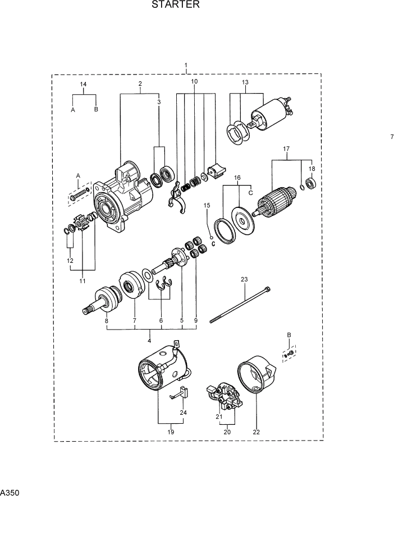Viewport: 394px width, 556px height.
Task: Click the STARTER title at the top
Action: (x=175, y=6)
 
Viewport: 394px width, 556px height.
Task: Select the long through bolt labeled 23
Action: (x=241, y=305)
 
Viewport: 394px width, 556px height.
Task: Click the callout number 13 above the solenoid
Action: (x=245, y=82)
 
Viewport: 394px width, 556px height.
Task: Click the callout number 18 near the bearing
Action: (x=313, y=169)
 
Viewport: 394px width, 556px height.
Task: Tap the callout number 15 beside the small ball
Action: (x=207, y=206)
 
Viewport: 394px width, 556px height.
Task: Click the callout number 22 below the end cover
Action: (x=256, y=432)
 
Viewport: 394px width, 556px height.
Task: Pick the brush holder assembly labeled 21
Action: (x=226, y=398)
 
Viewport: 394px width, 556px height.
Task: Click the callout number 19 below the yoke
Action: (x=171, y=432)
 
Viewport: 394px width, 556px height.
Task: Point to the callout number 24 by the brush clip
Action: (x=183, y=413)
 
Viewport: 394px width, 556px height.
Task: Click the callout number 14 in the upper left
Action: (x=83, y=85)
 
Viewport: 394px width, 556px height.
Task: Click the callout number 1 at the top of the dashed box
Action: (x=186, y=66)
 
